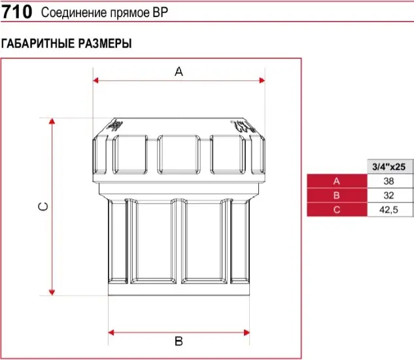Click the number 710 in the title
coord(17,12)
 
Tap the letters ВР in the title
coord(160,12)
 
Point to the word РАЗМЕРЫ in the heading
coord(105,44)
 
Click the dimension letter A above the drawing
coord(179,71)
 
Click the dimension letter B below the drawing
coord(179,341)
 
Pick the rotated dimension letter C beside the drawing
coord(43,206)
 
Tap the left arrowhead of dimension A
coord(95,80)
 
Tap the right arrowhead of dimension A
coord(262,80)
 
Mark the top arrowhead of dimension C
coord(52,121)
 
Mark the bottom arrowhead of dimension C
coord(52,293)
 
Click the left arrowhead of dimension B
coord(111,333)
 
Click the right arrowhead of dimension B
coord(247,333)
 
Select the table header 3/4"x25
coord(388,167)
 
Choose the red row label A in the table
coord(336,181)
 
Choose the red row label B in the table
coord(336,195)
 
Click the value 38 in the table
coord(388,181)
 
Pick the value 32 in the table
coord(388,195)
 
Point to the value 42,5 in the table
coord(388,210)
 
